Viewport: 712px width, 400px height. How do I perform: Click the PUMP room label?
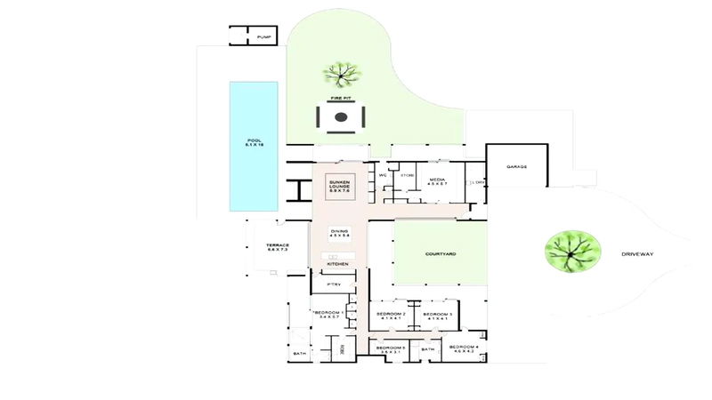point(263,36)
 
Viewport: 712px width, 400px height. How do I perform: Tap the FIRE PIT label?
point(339,99)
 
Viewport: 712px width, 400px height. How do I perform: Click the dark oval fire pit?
point(340,118)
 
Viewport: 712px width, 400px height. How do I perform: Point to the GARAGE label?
point(517,166)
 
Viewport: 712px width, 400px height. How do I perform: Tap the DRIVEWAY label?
point(637,254)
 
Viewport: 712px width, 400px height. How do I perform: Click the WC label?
point(382,175)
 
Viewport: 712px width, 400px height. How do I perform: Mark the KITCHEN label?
point(338,264)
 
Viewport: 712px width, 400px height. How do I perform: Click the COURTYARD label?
point(440,254)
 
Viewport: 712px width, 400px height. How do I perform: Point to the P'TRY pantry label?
point(335,284)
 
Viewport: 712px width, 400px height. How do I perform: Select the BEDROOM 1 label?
point(329,314)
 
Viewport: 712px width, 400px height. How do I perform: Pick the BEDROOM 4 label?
point(464,348)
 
